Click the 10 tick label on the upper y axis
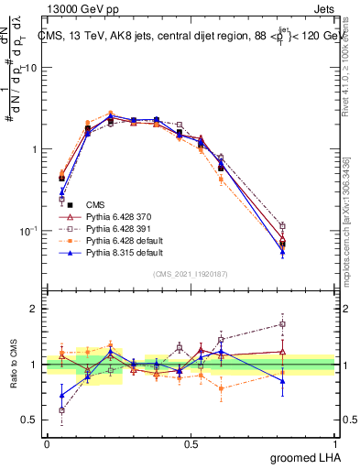[x=31, y=69]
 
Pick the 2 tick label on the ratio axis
[x=35, y=310]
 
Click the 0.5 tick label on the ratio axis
[x=31, y=421]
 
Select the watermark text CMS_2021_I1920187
[x=191, y=273]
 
